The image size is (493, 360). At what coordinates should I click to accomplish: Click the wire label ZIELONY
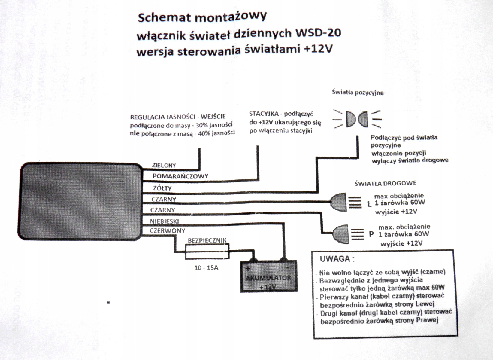164,165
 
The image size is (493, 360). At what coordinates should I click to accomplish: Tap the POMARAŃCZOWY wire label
180,176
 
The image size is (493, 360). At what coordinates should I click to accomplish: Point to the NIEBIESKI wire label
164,221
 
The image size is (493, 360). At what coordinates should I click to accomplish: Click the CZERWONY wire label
168,231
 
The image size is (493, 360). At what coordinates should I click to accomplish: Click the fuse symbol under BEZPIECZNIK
207,251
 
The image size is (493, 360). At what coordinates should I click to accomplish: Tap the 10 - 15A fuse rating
206,267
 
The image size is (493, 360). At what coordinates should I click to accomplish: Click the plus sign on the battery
248,268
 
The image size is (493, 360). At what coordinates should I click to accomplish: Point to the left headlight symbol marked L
339,201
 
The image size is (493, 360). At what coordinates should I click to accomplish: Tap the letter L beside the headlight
369,204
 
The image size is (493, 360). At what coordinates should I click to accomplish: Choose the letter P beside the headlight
371,234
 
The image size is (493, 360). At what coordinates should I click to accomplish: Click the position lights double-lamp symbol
357,119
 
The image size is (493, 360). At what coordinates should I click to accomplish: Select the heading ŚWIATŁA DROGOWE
385,183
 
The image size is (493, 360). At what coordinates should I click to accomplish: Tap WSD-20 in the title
318,32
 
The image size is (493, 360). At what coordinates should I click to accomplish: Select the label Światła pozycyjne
358,92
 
